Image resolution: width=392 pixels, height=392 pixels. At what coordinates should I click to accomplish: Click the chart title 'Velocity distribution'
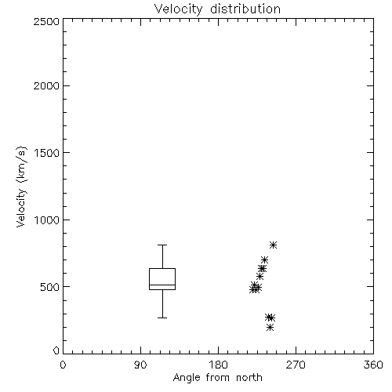tap(217, 9)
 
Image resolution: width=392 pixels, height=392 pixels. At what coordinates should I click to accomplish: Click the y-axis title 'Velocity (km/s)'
tap(21, 187)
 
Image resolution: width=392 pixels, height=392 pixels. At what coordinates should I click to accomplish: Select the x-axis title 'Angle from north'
tap(217, 378)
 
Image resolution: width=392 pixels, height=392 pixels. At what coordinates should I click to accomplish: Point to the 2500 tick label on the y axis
tap(46, 21)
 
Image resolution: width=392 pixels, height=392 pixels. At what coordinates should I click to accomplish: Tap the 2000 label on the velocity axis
tap(46, 85)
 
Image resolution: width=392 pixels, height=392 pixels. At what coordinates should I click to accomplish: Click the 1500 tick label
tap(47, 153)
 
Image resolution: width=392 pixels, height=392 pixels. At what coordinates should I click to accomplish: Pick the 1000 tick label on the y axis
tap(47, 220)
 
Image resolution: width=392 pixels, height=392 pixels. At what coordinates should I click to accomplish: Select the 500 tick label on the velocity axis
tap(50, 287)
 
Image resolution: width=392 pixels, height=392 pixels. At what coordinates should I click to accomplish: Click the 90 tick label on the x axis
tap(140, 365)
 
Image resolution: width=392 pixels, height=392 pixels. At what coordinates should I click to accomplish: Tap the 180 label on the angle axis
tap(217, 365)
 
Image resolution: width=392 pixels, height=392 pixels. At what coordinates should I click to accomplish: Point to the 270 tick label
tap(296, 365)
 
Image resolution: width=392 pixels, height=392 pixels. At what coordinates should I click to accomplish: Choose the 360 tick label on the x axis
tap(373, 365)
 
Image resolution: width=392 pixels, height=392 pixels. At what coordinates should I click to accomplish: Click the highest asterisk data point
tap(273, 245)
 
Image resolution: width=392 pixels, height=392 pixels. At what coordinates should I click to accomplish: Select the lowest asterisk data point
tap(270, 327)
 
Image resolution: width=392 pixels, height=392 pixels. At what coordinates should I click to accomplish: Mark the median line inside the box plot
tap(162, 285)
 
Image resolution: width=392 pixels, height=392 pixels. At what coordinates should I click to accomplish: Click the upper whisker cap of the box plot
tap(162, 245)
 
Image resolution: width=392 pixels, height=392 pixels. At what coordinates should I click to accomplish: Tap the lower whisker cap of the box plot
tap(162, 318)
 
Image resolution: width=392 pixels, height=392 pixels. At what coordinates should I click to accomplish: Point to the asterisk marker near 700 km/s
tap(264, 260)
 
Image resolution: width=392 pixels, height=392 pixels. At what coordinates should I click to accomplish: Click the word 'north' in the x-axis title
tap(249, 378)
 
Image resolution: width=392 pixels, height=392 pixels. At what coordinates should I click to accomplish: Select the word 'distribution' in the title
tap(245, 9)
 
